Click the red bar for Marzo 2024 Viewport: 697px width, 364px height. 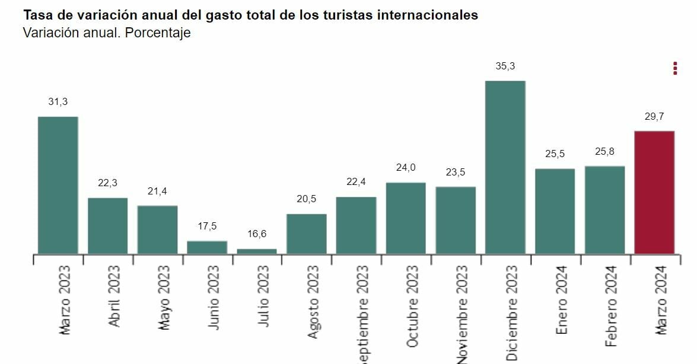[x=654, y=193]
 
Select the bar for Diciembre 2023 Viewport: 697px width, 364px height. [x=505, y=167]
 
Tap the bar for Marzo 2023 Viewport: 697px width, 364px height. [x=58, y=185]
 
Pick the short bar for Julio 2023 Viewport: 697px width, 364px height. [x=257, y=251]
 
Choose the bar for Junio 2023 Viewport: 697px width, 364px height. [x=207, y=247]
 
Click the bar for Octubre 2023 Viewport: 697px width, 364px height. [x=406, y=218]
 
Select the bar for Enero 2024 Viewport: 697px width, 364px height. [x=555, y=211]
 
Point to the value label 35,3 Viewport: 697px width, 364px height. [x=505, y=66]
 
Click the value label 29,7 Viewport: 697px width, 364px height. [x=654, y=117]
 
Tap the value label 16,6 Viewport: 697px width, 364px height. [x=257, y=234]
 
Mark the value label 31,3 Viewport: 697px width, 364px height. [x=58, y=102]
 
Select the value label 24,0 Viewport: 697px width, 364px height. [x=406, y=168]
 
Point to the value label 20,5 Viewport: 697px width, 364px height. [x=307, y=199]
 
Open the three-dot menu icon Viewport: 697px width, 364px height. [x=675, y=68]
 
